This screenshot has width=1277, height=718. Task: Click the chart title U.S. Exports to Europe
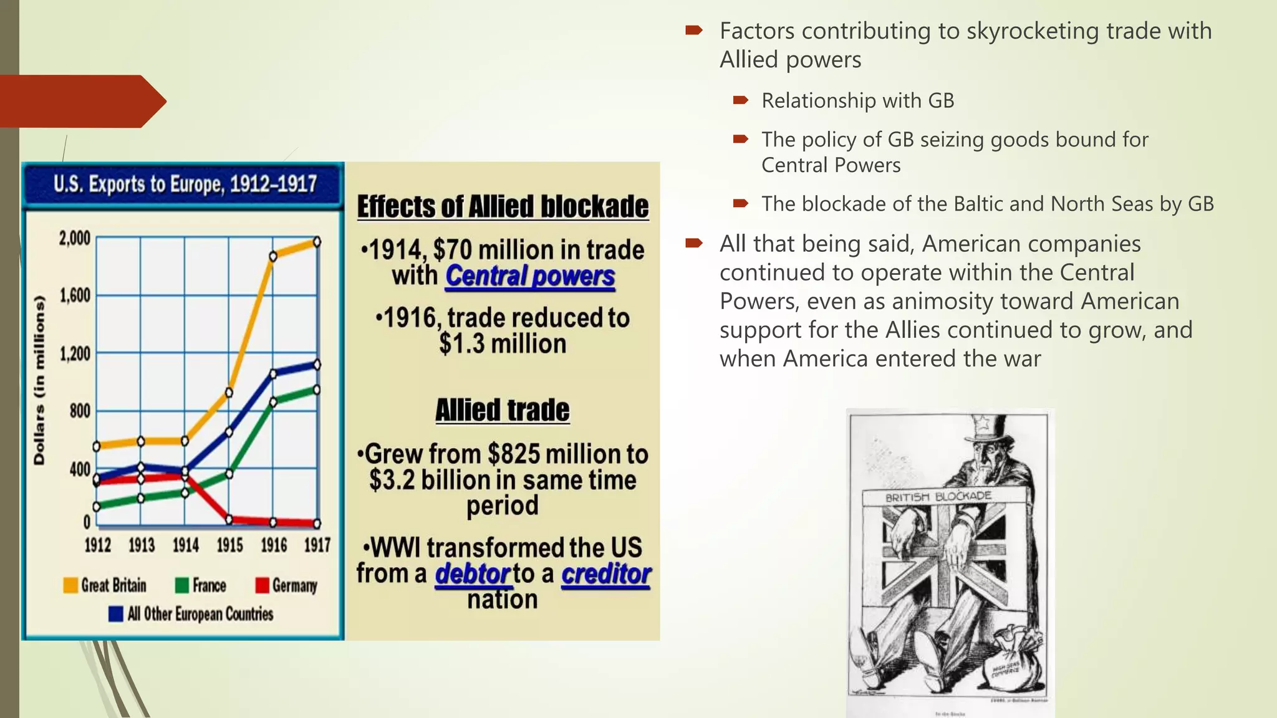pyautogui.click(x=185, y=184)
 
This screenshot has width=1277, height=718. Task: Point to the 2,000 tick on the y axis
pyautogui.click(x=75, y=238)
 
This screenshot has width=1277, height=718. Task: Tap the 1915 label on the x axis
pyautogui.click(x=229, y=545)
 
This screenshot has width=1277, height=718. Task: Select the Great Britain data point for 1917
pyautogui.click(x=317, y=242)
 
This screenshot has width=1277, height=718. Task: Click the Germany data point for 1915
pyautogui.click(x=229, y=519)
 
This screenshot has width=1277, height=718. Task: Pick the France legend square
pyautogui.click(x=181, y=585)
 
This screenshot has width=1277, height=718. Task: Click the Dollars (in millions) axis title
pyautogui.click(x=39, y=380)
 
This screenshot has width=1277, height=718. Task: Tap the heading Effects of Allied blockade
pyautogui.click(x=503, y=207)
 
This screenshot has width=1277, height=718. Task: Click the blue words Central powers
pyautogui.click(x=530, y=276)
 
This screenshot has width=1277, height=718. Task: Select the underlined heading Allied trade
pyautogui.click(x=503, y=410)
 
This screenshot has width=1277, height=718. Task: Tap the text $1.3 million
pyautogui.click(x=503, y=344)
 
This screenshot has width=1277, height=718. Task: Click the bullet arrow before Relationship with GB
pyautogui.click(x=740, y=100)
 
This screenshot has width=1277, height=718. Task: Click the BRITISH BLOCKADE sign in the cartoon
pyautogui.click(x=938, y=497)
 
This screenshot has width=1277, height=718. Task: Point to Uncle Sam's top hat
pyautogui.click(x=982, y=430)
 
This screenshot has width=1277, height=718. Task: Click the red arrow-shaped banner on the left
pyautogui.click(x=81, y=101)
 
